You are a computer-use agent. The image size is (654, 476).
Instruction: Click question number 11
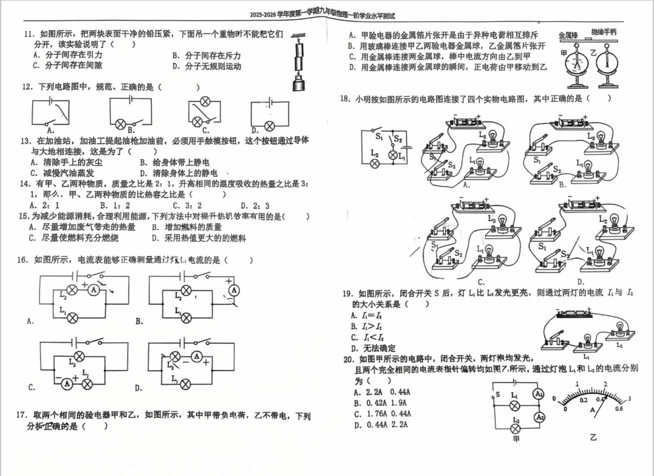[x=28, y=34]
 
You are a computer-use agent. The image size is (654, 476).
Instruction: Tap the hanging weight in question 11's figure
[x=296, y=81]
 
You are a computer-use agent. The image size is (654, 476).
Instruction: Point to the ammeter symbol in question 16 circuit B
[x=234, y=290]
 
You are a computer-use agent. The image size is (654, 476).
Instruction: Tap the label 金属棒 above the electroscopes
[x=568, y=36]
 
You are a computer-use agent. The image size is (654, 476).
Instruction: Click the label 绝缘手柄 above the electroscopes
[x=603, y=32]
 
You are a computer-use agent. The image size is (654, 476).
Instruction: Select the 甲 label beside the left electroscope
[x=564, y=56]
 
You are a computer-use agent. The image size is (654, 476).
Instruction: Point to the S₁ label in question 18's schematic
[x=379, y=135]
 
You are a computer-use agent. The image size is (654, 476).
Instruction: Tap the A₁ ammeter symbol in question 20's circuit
[x=539, y=395]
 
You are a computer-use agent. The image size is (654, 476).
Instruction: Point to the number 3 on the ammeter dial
[x=630, y=399]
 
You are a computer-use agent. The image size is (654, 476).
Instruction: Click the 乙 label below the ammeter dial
[x=594, y=438]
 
